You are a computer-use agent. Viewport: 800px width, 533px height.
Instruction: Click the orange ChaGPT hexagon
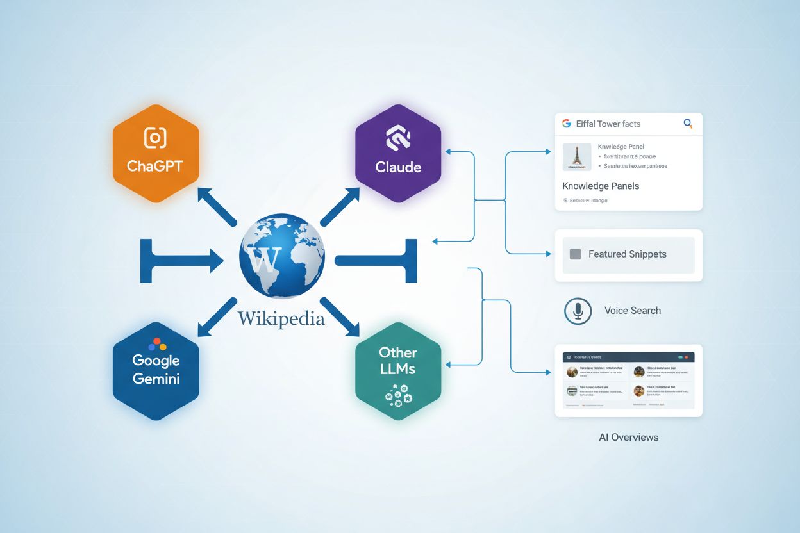[x=156, y=154]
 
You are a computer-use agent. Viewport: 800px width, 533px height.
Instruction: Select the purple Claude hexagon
[x=398, y=154]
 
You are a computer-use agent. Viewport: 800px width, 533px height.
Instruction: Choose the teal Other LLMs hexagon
[x=398, y=372]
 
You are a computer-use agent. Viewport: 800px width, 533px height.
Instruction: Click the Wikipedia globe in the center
[x=281, y=259]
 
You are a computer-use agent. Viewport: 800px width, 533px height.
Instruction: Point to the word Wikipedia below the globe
[x=281, y=318]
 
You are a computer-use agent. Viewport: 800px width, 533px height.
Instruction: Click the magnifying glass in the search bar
[x=688, y=124]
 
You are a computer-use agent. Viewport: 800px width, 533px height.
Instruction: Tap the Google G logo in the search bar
[x=566, y=124]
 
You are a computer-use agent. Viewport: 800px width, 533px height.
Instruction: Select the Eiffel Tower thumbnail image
[x=577, y=156]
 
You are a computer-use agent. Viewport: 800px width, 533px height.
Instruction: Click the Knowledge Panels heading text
[x=601, y=186]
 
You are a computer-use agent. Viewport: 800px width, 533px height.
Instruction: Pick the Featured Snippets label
[x=627, y=254]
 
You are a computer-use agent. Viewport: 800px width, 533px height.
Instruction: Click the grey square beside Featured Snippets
[x=575, y=254]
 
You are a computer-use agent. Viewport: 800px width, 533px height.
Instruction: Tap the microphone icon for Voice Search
[x=578, y=311]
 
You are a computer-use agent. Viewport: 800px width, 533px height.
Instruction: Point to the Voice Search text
[x=632, y=311]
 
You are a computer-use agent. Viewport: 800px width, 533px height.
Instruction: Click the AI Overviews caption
[x=628, y=438]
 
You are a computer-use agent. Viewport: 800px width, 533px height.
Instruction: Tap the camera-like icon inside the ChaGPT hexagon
[x=155, y=138]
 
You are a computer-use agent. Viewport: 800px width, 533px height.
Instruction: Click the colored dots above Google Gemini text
[x=156, y=345]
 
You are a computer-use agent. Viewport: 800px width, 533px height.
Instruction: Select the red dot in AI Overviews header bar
[x=686, y=357]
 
